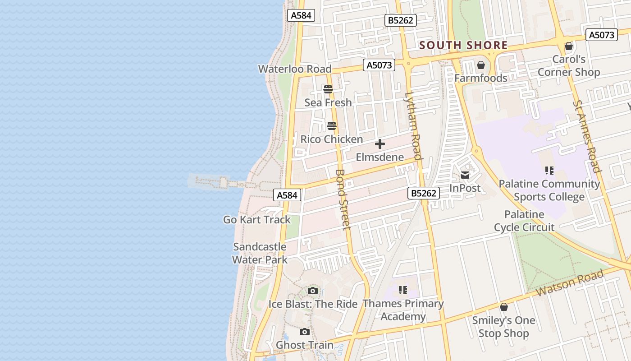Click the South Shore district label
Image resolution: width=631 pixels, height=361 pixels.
[x=463, y=46]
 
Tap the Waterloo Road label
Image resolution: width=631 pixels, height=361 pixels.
[x=294, y=69]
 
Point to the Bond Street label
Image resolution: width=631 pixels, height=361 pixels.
[x=343, y=199]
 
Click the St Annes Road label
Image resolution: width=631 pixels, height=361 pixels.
[x=587, y=136]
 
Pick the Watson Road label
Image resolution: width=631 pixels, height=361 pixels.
[x=570, y=283]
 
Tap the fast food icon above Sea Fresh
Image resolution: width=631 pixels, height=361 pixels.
[x=328, y=89]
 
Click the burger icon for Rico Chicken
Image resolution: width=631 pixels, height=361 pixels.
[x=332, y=126]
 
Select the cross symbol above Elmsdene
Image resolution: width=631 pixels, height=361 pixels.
[x=380, y=144]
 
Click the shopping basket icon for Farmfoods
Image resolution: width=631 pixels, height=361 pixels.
[x=481, y=65]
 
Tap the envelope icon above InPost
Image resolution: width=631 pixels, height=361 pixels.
[x=465, y=175]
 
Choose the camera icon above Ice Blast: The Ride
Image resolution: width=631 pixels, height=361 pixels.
[x=313, y=291]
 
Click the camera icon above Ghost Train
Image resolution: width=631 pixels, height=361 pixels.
[x=305, y=332]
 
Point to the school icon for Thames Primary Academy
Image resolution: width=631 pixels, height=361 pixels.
[x=403, y=290]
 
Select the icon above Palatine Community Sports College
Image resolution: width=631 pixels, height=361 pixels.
[x=549, y=171]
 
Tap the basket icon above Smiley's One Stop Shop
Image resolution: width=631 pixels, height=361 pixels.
[x=504, y=307]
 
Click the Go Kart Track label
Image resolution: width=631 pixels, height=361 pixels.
[x=257, y=220]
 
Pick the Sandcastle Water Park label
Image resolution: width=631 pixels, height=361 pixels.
[x=260, y=253]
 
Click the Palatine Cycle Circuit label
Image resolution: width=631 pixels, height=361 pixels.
[x=524, y=221]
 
